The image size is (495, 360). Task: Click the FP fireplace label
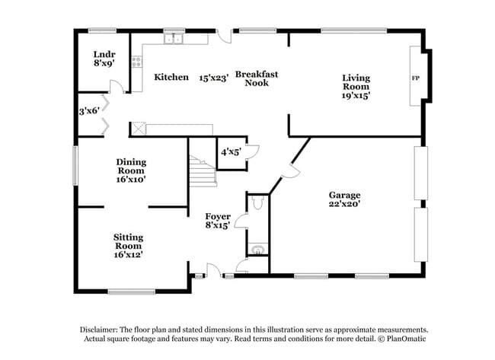click(415, 78)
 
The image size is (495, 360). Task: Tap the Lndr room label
click(104, 55)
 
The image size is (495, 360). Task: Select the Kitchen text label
click(171, 77)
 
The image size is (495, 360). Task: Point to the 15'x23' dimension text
click(214, 77)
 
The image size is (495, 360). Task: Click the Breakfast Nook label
click(256, 78)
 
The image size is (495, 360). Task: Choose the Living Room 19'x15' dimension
click(356, 97)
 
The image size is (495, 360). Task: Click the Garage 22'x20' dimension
click(344, 205)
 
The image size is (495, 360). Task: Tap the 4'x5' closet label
click(231, 151)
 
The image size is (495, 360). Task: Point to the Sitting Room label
click(128, 241)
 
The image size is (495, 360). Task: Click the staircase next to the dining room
click(203, 172)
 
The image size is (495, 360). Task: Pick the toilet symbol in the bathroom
click(257, 203)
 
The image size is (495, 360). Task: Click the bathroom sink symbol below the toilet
click(257, 249)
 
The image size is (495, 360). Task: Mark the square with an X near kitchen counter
click(139, 129)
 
